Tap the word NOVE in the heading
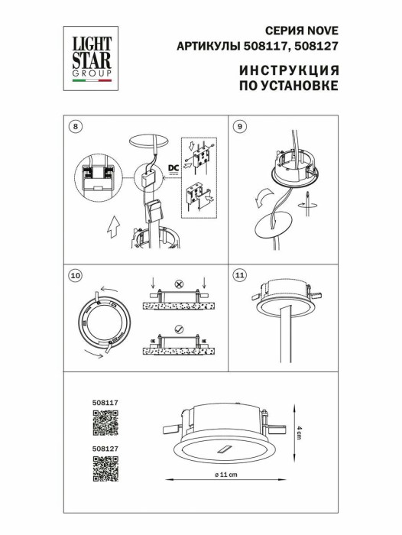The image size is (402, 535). click(x=323, y=31)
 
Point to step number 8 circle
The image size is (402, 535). click(x=73, y=126)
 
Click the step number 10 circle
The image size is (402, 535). click(x=74, y=275)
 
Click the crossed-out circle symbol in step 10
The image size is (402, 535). click(x=180, y=284)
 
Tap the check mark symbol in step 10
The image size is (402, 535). click(x=180, y=329)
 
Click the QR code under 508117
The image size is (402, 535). click(x=105, y=423)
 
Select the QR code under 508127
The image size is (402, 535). click(x=105, y=469)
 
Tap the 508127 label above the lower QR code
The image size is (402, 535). click(x=105, y=449)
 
